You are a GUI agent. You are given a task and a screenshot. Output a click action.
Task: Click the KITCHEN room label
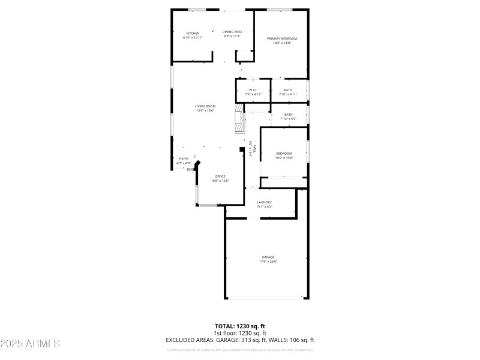pyautogui.click(x=193, y=33)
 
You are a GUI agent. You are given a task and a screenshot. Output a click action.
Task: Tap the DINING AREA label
pyautogui.click(x=232, y=31)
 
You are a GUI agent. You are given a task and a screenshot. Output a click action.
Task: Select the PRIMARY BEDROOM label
pyautogui.click(x=282, y=38)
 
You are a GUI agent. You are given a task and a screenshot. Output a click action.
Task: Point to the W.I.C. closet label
pyautogui.click(x=253, y=90)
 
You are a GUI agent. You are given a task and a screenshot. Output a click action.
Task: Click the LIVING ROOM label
pyautogui.click(x=205, y=106)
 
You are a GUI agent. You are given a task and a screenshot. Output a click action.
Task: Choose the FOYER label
pyautogui.click(x=183, y=158)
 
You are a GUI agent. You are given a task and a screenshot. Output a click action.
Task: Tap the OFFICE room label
pyautogui.click(x=220, y=176)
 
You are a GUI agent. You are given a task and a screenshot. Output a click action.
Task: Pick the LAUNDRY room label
pyautogui.click(x=265, y=202)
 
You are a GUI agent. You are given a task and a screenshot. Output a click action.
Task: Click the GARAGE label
pyautogui.click(x=268, y=257)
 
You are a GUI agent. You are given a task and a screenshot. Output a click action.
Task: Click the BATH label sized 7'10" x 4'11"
pyautogui.click(x=289, y=90)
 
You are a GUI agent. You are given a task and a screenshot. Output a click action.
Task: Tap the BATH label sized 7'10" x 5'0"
pyautogui.click(x=289, y=115)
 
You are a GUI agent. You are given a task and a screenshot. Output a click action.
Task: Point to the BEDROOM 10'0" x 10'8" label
pyautogui.click(x=284, y=154)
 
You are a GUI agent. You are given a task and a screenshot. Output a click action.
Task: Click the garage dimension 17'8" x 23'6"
pyautogui.click(x=268, y=262)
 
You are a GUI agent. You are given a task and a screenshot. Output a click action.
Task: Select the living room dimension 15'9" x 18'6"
pyautogui.click(x=205, y=110)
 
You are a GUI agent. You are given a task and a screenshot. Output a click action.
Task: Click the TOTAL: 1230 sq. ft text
pyautogui.click(x=240, y=326)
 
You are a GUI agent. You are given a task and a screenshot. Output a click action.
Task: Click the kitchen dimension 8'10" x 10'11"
pyautogui.click(x=193, y=37)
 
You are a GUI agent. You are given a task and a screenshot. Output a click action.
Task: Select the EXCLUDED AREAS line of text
pyautogui.click(x=240, y=340)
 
